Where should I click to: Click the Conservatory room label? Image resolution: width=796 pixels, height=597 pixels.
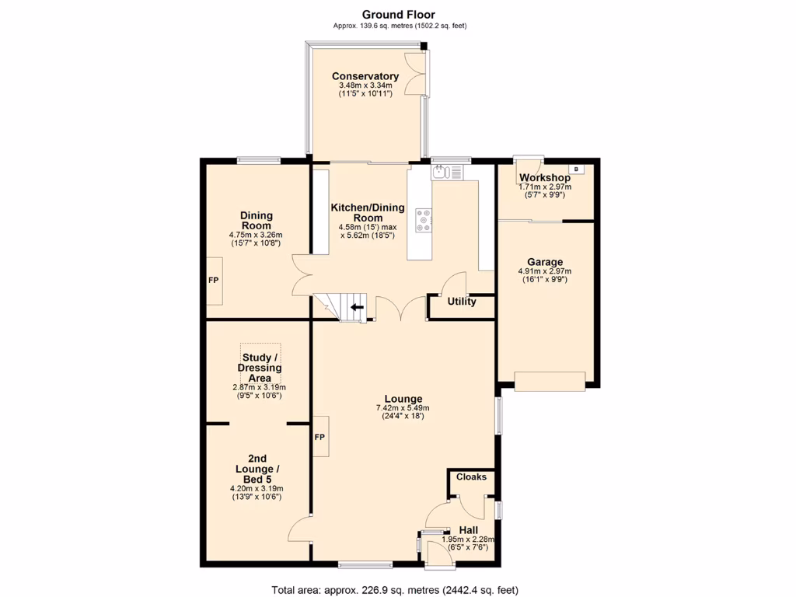click(365, 76)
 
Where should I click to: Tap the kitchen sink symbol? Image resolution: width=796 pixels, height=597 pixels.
click(447, 173)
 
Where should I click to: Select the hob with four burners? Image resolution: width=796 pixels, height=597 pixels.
click(424, 220)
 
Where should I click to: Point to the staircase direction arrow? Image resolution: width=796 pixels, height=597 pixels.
click(358, 307)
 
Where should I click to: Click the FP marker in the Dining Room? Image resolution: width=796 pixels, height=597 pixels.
click(213, 280)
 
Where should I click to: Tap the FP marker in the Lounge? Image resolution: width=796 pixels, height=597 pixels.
click(319, 437)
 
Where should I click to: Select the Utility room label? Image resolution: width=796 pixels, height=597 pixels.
click(462, 302)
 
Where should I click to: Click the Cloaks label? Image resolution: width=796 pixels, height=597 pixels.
click(471, 477)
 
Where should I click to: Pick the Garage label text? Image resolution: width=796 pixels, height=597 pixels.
click(545, 262)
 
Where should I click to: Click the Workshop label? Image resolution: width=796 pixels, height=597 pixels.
click(545, 178)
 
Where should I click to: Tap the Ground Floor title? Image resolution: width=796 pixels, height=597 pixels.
click(399, 15)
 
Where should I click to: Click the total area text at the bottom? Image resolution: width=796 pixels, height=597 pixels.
click(395, 590)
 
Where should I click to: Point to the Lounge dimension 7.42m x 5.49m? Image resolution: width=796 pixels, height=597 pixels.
click(403, 407)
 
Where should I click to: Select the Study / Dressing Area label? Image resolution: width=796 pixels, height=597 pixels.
click(260, 368)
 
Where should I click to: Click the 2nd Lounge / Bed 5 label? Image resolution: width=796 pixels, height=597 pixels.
click(257, 469)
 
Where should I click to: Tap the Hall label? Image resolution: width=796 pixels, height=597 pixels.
click(468, 530)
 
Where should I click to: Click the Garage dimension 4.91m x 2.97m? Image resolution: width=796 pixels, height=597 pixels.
click(545, 271)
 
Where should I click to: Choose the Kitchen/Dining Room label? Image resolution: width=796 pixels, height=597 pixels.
click(368, 213)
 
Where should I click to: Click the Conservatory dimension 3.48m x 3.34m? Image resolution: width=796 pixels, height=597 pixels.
click(365, 86)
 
